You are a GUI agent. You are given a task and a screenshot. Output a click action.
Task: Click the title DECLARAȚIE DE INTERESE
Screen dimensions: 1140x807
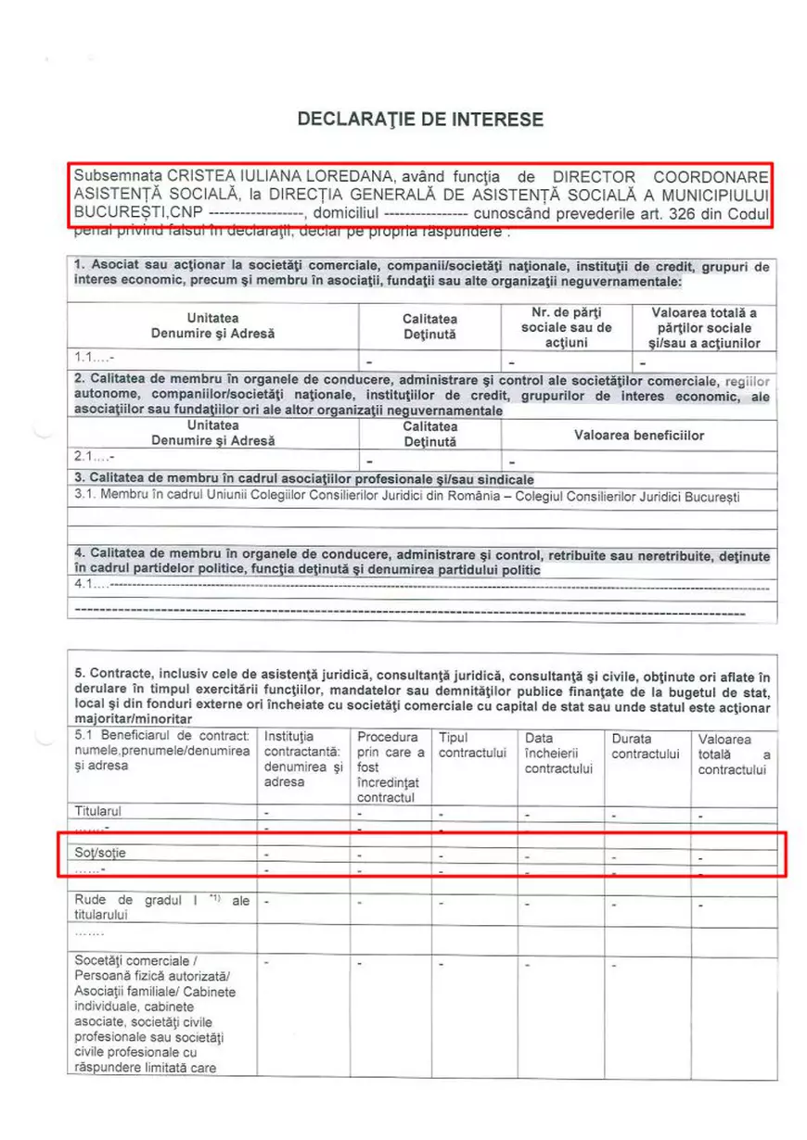420,120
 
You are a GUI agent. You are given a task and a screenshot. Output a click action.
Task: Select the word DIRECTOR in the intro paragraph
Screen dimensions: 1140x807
594,176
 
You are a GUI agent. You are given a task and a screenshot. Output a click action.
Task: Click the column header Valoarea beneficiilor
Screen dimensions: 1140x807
638,435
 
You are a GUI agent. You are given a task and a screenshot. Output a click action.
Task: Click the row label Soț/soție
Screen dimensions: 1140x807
99,853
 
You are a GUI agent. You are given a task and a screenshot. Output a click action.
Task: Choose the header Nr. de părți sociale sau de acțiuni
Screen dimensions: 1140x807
566,327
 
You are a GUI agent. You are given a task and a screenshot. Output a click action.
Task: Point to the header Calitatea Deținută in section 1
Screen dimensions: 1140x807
429,326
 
